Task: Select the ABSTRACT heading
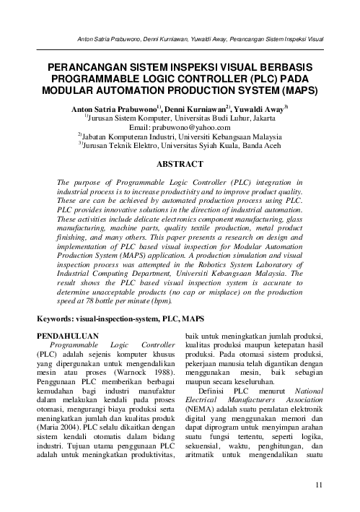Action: (x=180, y=164)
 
